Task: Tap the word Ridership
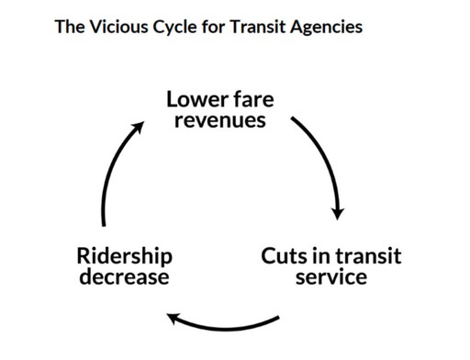pyautogui.click(x=124, y=255)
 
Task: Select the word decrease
pyautogui.click(x=124, y=276)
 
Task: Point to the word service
pyautogui.click(x=330, y=276)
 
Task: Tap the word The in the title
pyautogui.click(x=70, y=26)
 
